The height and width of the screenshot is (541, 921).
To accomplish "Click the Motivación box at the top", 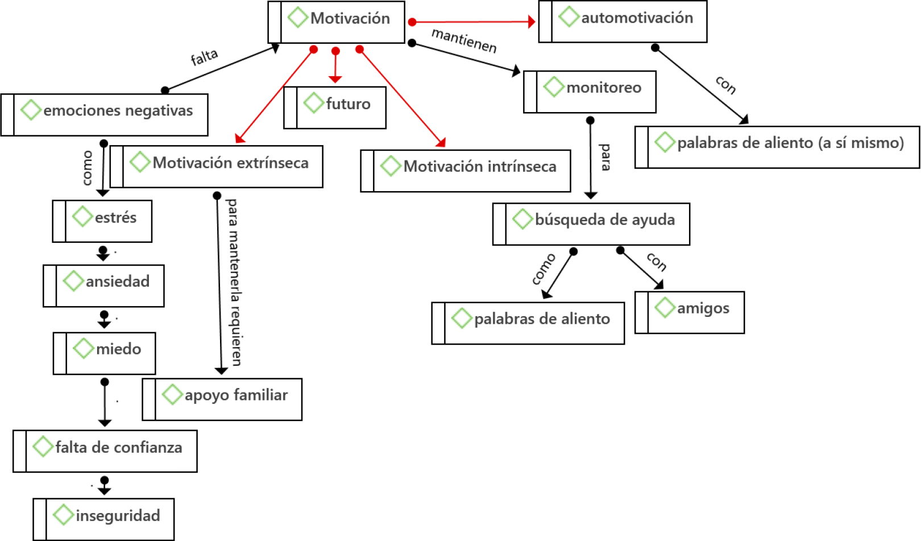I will (337, 22).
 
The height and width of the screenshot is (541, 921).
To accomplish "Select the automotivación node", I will (623, 22).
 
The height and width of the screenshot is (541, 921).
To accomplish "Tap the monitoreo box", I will (590, 92).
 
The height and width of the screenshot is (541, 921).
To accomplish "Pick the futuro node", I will (335, 108).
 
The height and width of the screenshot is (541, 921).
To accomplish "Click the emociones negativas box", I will (105, 114).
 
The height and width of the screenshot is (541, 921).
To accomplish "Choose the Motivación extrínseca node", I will (217, 167).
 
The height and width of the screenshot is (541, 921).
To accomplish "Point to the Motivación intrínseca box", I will (466, 171).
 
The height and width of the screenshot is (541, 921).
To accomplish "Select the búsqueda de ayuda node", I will (591, 224).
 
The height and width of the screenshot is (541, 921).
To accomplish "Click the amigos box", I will (690, 312).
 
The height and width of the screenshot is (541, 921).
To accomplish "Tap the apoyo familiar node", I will (222, 399).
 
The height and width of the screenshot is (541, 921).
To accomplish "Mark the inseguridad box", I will (103, 519).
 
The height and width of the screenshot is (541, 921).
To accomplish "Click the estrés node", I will (102, 221).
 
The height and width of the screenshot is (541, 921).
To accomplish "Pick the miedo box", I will (105, 353).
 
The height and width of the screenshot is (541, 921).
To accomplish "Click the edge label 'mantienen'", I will (464, 40).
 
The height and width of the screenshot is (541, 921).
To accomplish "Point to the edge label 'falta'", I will (204, 57).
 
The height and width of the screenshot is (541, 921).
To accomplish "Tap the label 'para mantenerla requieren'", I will (234, 282).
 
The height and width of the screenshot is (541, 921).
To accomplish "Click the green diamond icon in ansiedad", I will (73, 281).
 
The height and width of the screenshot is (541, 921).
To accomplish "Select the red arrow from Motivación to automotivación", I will (472, 22).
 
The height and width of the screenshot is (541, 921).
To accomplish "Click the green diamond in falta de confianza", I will (43, 447).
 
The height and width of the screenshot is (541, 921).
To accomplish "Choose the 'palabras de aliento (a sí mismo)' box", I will (777, 147).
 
